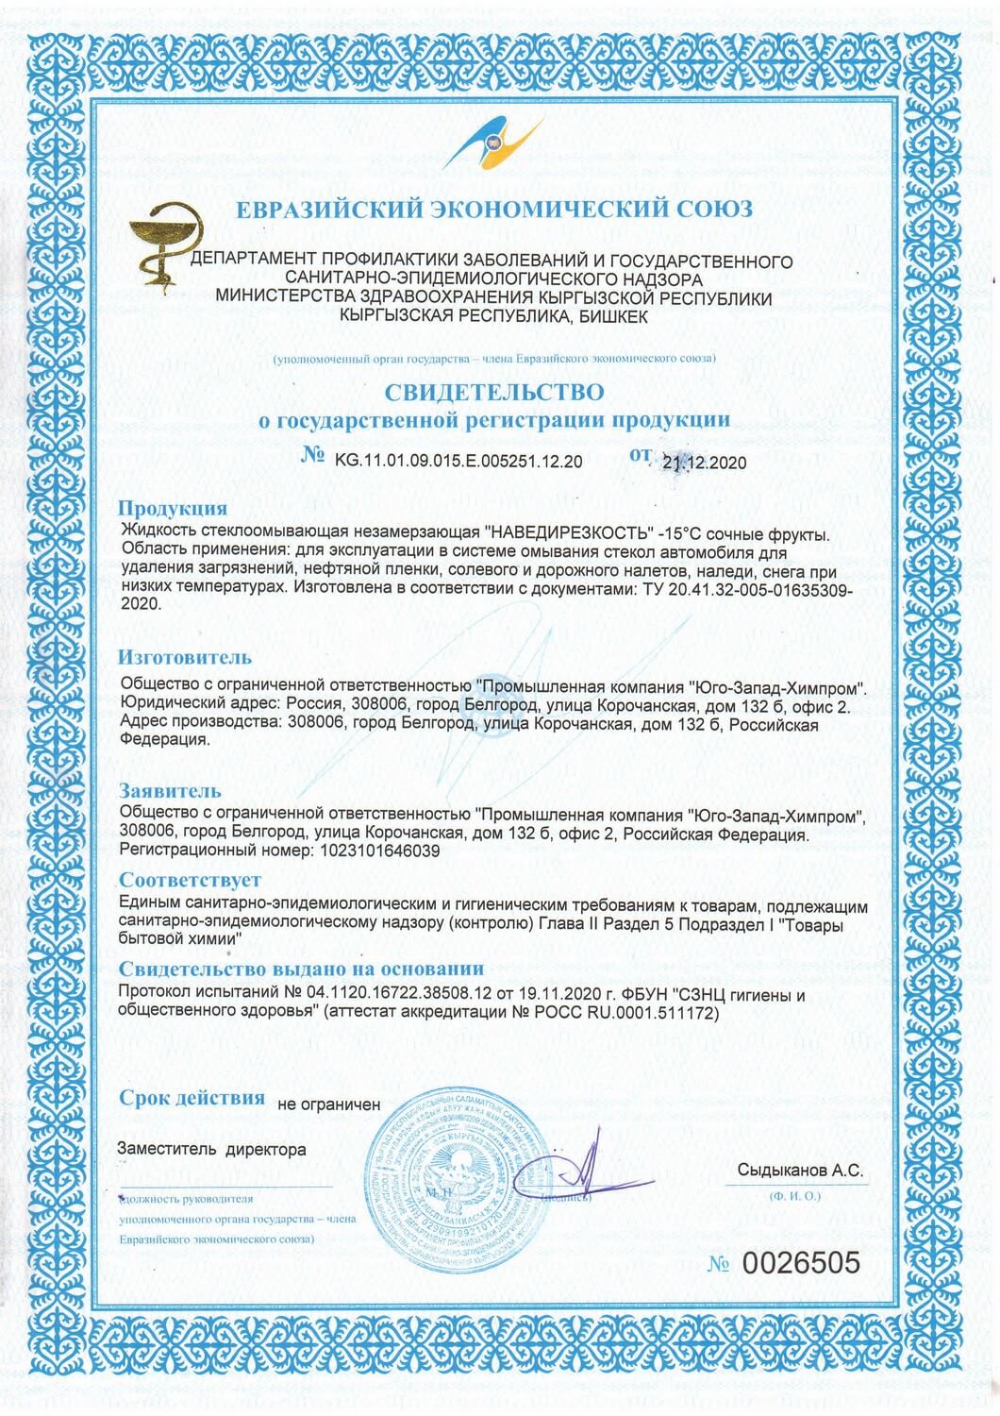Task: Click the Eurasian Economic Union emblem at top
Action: [499, 147]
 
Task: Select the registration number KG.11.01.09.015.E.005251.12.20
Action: [458, 461]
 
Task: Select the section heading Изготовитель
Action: [185, 656]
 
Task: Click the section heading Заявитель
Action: [171, 789]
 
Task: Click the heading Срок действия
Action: [192, 1098]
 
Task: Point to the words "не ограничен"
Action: [328, 1103]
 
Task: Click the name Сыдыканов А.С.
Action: [800, 1171]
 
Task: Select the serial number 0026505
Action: [803, 1263]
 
